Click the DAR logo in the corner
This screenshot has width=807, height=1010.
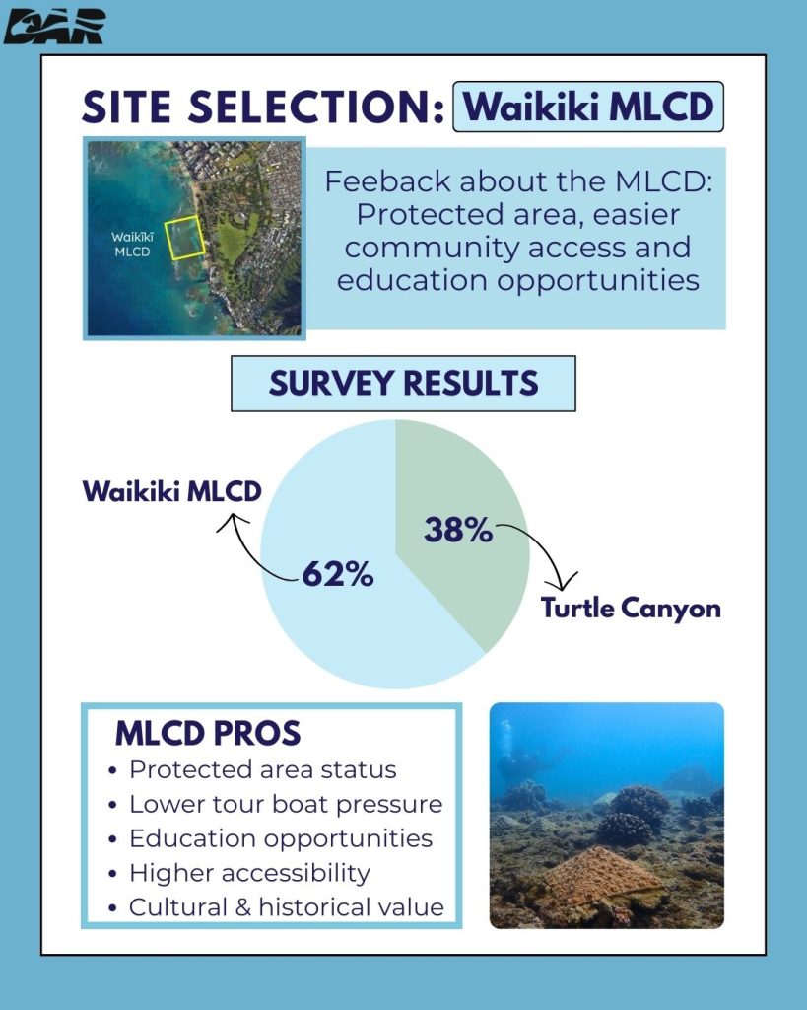54,27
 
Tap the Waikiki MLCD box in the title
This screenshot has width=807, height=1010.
588,107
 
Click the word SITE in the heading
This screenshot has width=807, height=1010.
127,107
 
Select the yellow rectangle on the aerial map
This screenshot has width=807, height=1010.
184,237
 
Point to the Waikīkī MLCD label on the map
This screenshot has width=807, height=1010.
132,245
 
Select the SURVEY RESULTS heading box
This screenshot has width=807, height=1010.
404,384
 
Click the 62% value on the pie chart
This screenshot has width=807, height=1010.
338,573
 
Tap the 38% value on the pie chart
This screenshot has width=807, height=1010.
458,530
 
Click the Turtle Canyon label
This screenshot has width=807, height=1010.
631,608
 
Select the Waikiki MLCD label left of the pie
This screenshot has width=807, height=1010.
171,491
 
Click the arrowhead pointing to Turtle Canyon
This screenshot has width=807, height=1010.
565,582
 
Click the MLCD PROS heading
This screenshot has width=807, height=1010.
208,733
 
